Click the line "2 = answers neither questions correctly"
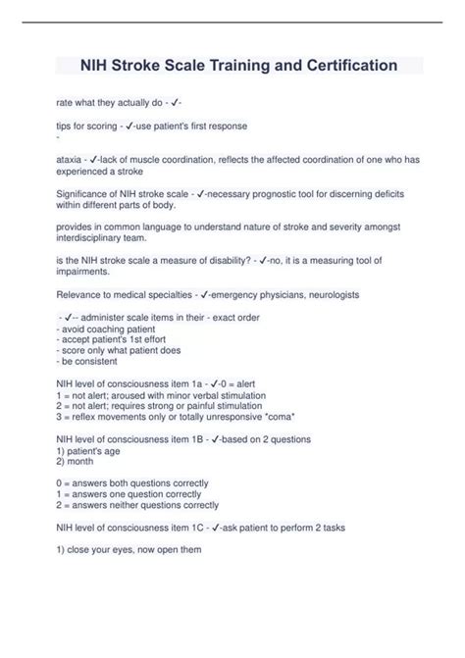tap(137, 505)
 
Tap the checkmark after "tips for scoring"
tap(131, 127)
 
